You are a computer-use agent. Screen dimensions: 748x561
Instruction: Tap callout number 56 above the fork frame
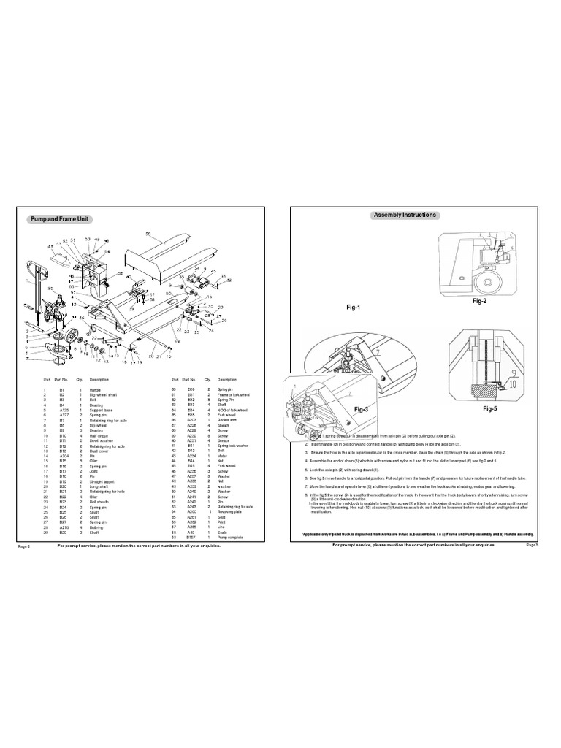coord(148,234)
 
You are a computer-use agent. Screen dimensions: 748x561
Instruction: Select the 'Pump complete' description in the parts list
coord(229,538)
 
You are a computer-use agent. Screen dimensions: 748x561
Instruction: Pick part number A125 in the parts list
coord(63,413)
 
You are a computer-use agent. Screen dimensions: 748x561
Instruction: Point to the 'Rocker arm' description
coord(226,421)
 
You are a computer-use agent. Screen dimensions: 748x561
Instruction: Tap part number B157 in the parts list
coord(191,538)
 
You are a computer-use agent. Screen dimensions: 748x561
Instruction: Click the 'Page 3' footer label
coord(531,545)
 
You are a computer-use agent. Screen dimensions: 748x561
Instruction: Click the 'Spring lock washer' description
coord(232,445)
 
